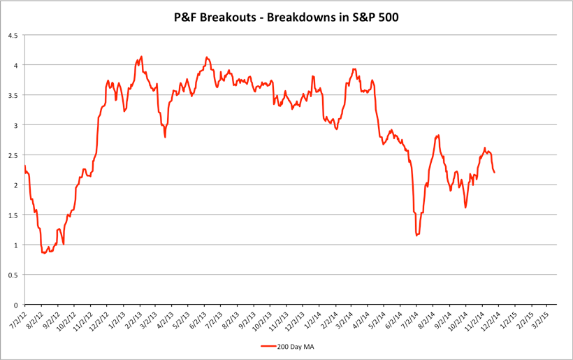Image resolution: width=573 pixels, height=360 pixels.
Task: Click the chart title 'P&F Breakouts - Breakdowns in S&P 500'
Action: click(286, 15)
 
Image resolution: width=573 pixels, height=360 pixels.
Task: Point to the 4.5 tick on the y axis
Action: click(13, 35)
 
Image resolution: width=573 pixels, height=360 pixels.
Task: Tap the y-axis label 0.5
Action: click(13, 275)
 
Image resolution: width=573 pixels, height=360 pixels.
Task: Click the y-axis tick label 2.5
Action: click(13, 155)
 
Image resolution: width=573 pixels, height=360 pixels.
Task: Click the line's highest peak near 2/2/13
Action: click(141, 57)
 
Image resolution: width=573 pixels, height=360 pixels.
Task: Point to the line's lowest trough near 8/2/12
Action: click(44, 253)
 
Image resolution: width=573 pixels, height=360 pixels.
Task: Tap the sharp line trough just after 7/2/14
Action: click(416, 236)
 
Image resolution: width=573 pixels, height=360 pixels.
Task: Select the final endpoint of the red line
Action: click(495, 172)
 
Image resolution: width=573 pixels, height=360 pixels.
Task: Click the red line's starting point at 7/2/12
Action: click(24, 166)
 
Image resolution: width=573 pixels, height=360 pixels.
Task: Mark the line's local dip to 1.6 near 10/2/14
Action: click(465, 208)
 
